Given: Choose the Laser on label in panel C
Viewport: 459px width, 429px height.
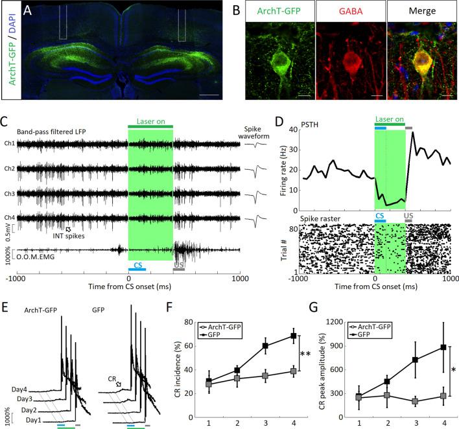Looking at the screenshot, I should pos(150,121).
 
